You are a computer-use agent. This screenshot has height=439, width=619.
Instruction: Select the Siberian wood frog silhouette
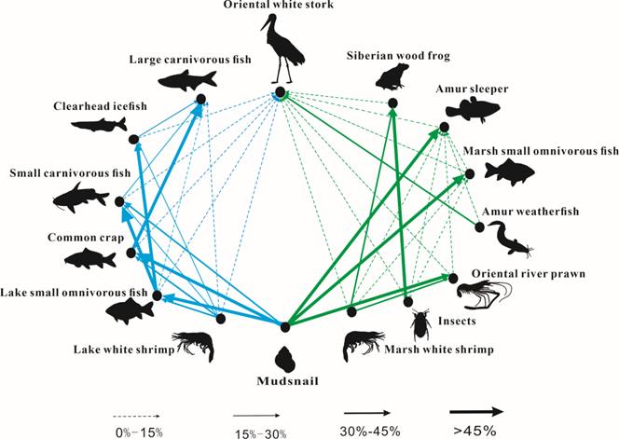click(x=392, y=75)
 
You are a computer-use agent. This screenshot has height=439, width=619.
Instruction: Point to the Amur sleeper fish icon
click(x=475, y=110)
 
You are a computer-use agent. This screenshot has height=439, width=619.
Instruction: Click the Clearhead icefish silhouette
click(x=98, y=125)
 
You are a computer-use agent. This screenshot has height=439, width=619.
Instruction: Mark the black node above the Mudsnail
click(x=285, y=325)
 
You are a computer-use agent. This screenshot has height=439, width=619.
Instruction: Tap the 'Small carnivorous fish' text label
click(x=57, y=173)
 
